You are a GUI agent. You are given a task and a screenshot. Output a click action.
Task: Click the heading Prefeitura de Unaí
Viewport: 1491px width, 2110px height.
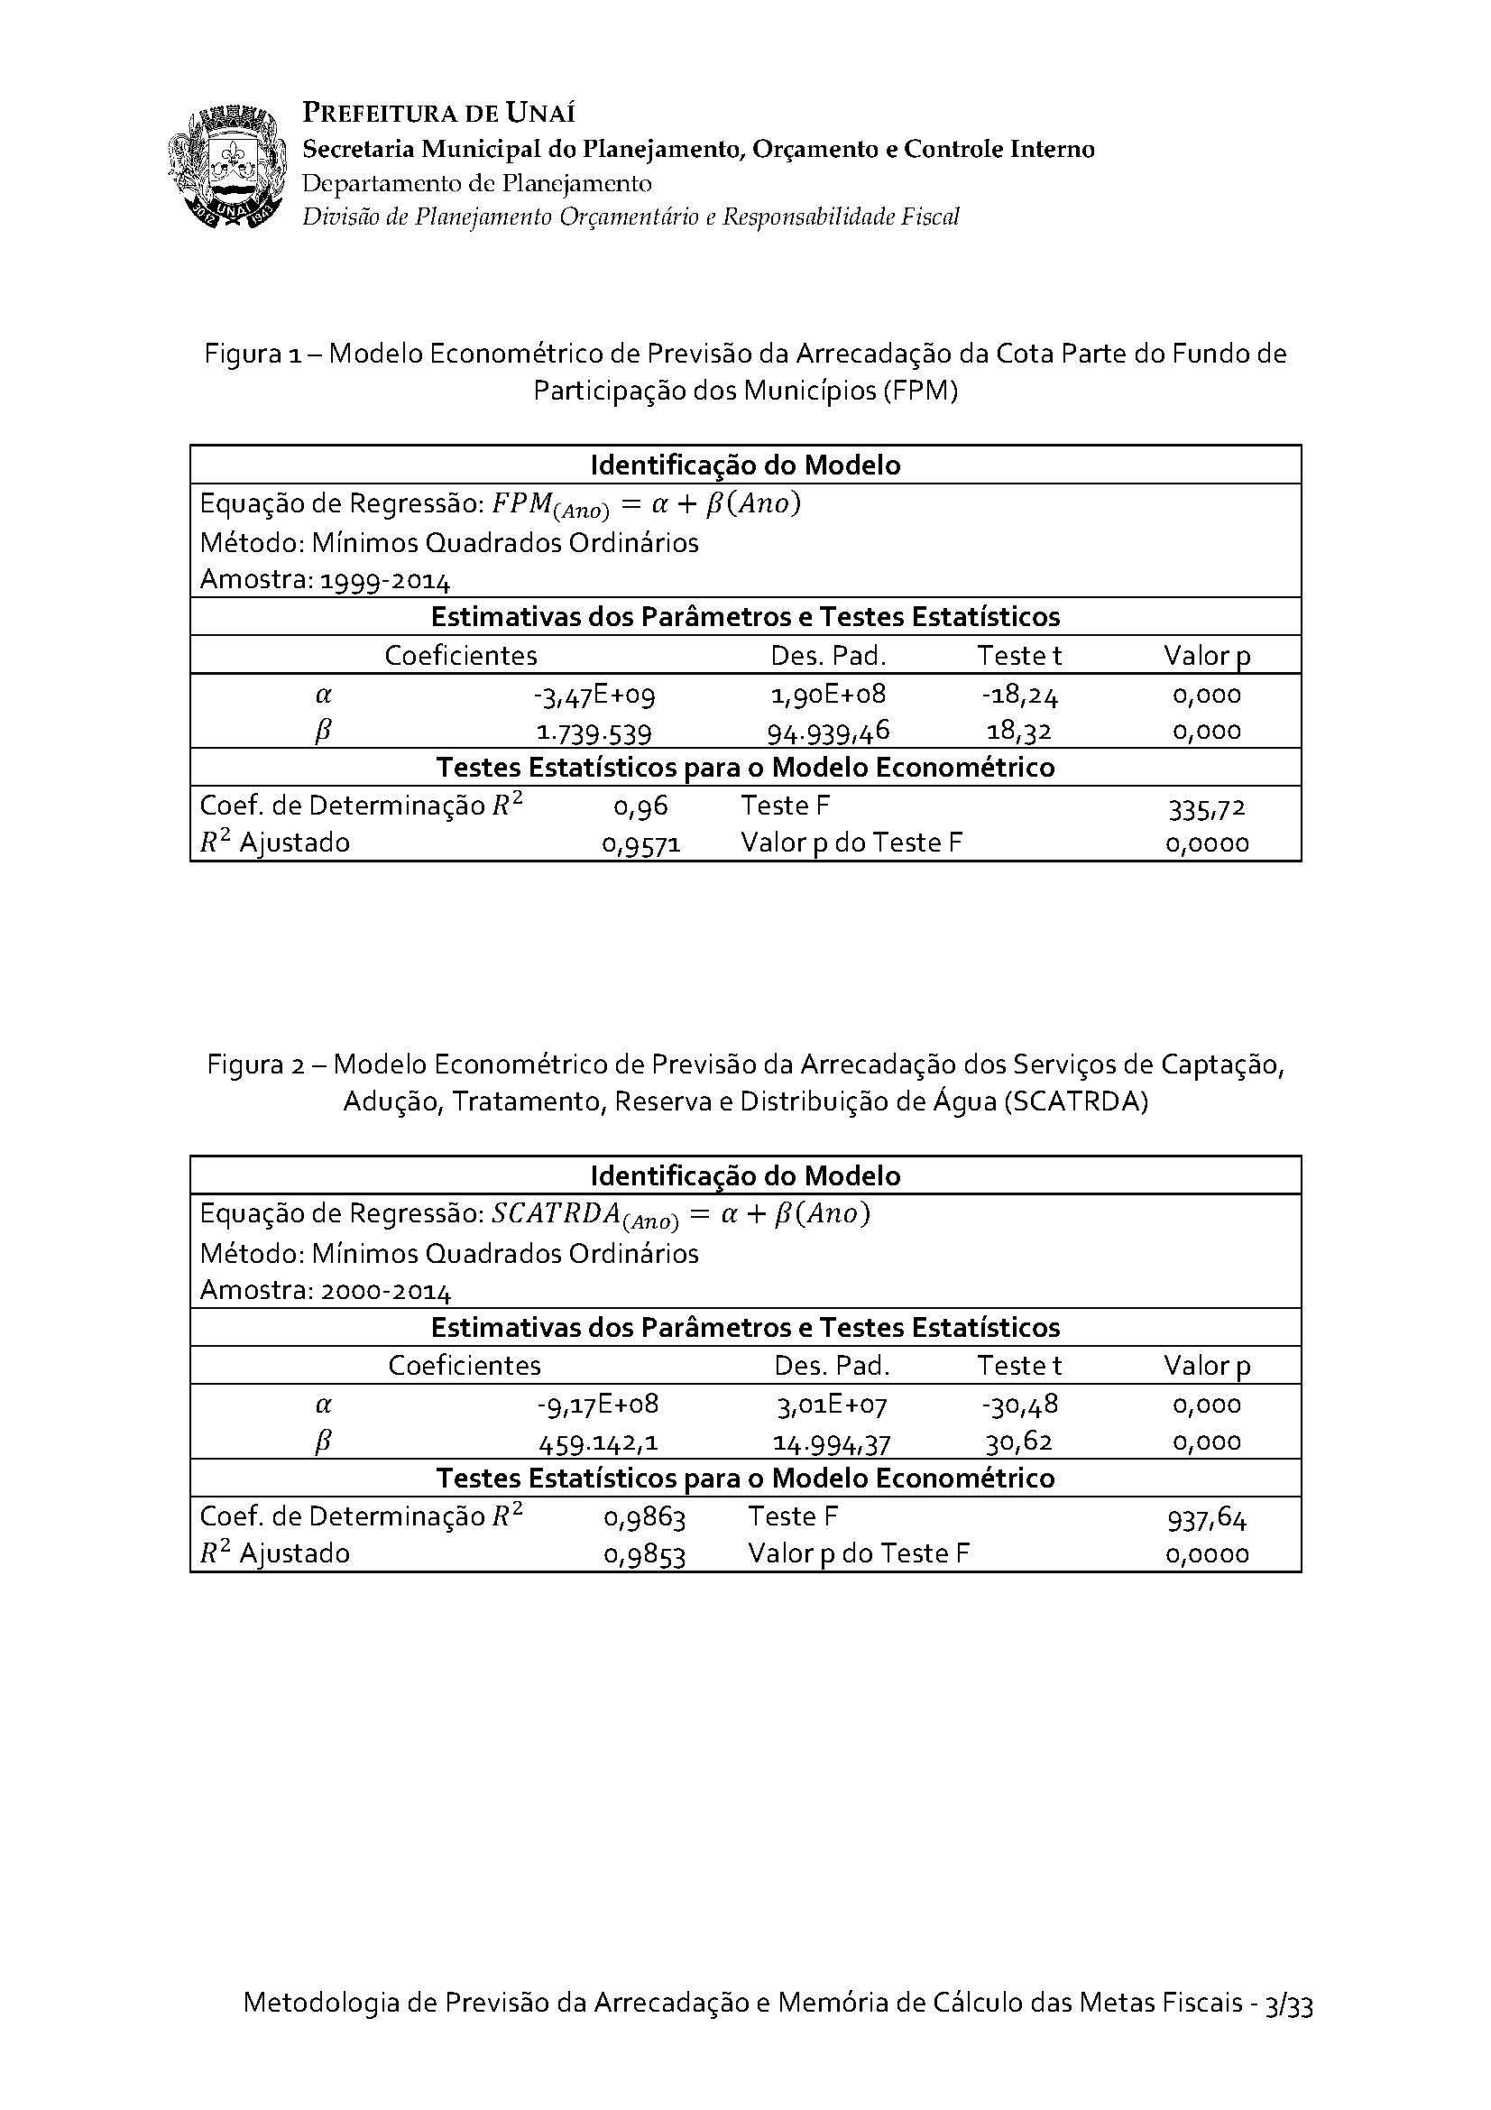[438, 113]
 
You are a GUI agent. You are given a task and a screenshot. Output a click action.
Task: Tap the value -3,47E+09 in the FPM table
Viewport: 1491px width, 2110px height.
[594, 695]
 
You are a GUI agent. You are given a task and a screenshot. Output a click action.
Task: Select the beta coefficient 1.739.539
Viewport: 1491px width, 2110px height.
[594, 733]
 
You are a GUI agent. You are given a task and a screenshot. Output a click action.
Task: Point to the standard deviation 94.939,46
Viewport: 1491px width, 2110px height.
[828, 733]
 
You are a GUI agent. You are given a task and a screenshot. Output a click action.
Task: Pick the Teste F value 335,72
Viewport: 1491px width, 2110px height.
[1206, 807]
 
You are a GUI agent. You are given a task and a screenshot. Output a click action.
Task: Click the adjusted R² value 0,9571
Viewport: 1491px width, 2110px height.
[641, 843]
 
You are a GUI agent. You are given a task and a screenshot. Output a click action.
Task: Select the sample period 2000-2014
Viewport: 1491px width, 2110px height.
[386, 1292]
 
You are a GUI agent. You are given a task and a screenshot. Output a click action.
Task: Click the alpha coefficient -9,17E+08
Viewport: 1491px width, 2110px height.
[598, 1405]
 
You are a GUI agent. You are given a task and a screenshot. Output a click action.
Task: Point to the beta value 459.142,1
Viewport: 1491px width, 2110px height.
[598, 1442]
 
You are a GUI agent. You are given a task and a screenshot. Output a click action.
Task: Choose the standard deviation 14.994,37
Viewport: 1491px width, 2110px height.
[832, 1442]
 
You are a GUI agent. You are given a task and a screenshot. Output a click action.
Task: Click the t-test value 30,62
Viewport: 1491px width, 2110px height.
[1018, 1441]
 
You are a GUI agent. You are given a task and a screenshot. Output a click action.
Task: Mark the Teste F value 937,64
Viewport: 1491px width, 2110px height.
[1206, 1519]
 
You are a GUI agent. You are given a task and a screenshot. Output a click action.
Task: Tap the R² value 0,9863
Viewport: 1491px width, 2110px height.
[644, 1518]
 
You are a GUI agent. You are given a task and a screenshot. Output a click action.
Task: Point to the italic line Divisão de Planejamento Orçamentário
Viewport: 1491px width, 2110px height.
[630, 217]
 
